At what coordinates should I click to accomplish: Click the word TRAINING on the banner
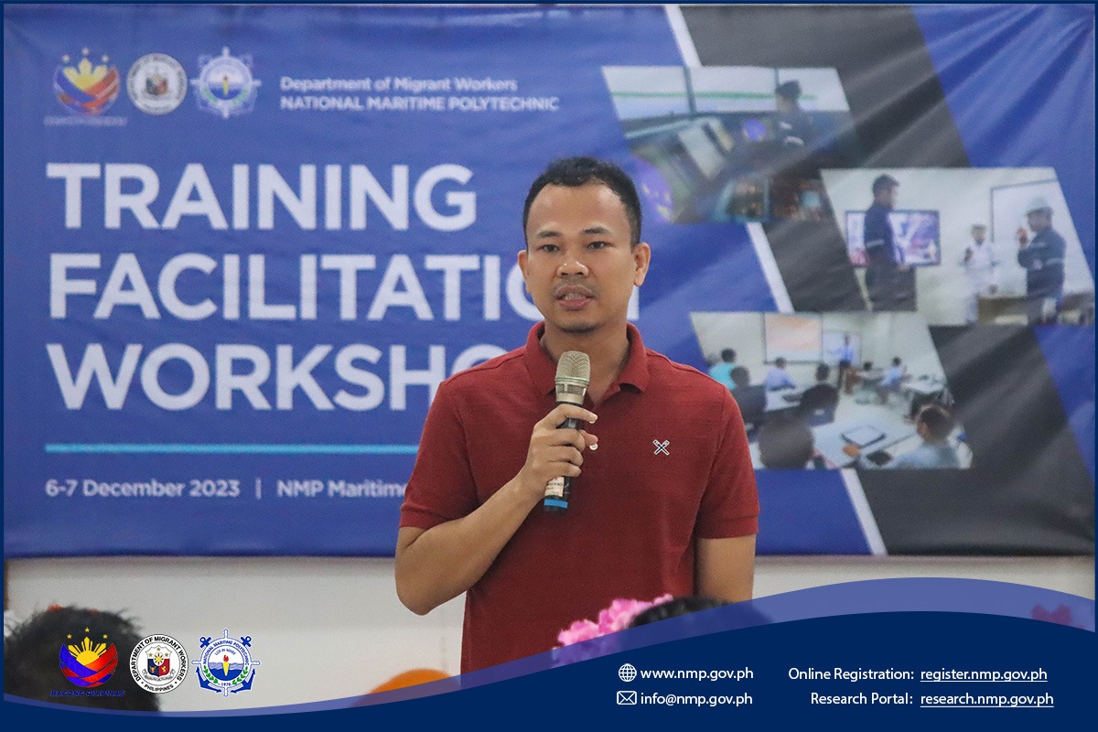[x=261, y=197]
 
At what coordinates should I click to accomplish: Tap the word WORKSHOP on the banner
[x=274, y=376]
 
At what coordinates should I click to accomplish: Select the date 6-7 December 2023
[x=142, y=489]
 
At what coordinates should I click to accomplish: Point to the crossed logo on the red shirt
[x=661, y=447]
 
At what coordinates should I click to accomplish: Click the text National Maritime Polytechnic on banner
[x=419, y=103]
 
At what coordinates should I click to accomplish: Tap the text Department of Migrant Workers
[x=398, y=83]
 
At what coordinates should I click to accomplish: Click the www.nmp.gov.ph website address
[x=696, y=673]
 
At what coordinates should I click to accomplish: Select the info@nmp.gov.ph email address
[x=696, y=698]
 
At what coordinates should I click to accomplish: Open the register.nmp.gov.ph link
[x=984, y=674]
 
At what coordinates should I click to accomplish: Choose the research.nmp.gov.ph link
[x=986, y=699]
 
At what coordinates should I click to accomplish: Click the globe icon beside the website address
[x=627, y=673]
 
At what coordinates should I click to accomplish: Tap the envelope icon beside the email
[x=627, y=698]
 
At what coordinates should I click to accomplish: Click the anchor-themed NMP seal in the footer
[x=225, y=662]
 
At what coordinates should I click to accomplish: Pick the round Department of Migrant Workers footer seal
[x=160, y=662]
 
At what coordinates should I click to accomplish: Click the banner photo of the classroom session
[x=828, y=389]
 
